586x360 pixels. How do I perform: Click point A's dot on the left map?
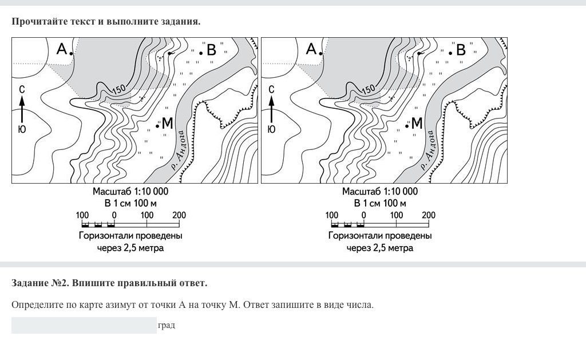(x=72, y=53)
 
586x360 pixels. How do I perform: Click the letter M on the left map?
(x=168, y=123)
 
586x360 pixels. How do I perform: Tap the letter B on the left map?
(x=212, y=50)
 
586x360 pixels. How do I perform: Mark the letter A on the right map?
(x=311, y=49)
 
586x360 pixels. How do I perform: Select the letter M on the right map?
(x=417, y=123)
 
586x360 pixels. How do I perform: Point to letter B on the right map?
(x=461, y=50)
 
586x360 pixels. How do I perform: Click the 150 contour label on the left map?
(x=119, y=89)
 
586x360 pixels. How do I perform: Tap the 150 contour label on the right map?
(x=369, y=89)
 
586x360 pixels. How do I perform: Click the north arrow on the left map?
(x=22, y=109)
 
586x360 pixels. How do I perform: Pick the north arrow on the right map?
(x=271, y=109)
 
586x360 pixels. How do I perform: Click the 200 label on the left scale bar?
(x=179, y=215)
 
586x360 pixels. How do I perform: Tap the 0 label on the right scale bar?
(x=364, y=215)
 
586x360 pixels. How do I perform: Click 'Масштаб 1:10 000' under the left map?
(x=130, y=192)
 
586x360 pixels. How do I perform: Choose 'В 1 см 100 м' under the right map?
(x=380, y=203)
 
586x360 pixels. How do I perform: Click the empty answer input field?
(x=84, y=325)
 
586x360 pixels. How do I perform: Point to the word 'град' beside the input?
(x=167, y=325)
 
